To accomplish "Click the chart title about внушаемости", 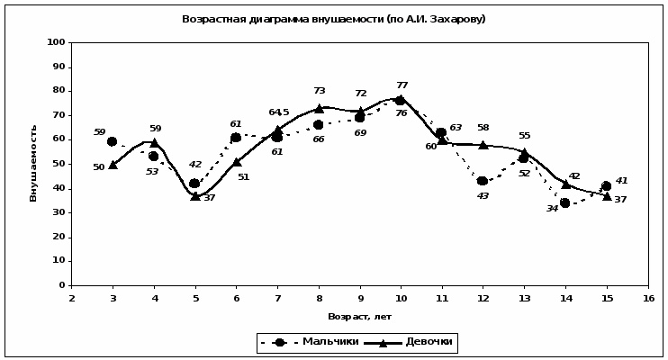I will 333,19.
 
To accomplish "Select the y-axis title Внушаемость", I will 33,163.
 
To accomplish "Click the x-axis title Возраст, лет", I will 359,316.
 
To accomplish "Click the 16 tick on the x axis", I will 648,298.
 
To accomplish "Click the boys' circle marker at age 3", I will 112,141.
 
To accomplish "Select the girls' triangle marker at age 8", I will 319,108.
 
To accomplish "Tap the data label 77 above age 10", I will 402,85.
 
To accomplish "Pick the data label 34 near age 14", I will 552,208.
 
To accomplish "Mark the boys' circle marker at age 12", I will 483,181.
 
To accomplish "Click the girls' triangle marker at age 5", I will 194,195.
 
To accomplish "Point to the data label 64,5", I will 278,112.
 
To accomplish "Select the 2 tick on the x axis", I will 71,298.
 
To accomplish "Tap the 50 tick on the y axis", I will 59,164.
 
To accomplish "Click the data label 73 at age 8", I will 319,91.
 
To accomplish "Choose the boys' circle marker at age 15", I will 607,185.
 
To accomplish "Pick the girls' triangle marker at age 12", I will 483,144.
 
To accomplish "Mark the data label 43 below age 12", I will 483,195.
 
